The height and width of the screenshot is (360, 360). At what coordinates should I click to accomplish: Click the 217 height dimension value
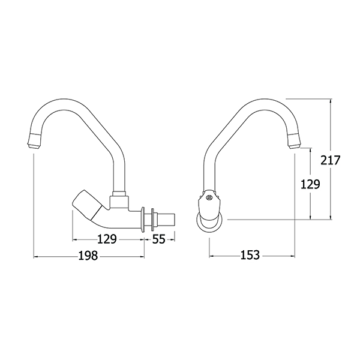point(330,160)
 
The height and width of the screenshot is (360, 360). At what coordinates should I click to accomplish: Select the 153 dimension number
point(250,255)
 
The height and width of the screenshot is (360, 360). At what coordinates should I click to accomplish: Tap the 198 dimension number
point(88,256)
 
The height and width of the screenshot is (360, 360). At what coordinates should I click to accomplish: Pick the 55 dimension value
point(159,239)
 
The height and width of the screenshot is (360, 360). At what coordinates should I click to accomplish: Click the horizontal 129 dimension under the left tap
point(107,239)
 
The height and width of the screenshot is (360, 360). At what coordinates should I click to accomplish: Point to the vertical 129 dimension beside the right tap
point(310,184)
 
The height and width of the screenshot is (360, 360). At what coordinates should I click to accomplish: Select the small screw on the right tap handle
point(209,197)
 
